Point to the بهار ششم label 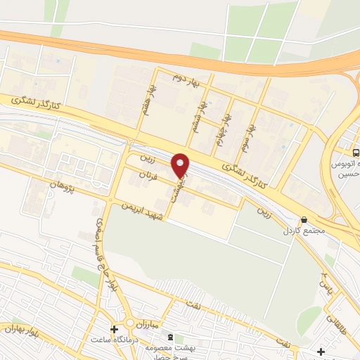(x=203, y=111)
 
